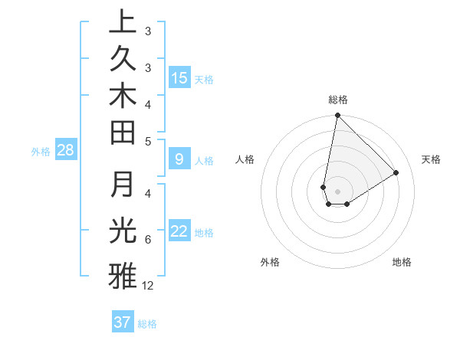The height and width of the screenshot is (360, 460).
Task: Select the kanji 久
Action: tap(122, 61)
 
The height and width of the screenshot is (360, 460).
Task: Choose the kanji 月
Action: tap(122, 185)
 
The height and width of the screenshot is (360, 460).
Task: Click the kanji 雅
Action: tap(122, 275)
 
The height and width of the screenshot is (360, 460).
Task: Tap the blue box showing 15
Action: tap(179, 78)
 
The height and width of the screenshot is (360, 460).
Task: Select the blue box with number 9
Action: tap(179, 159)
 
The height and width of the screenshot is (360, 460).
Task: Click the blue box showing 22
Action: tap(179, 231)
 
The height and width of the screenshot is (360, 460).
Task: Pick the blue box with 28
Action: tap(65, 150)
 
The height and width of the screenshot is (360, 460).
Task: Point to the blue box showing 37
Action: tap(123, 322)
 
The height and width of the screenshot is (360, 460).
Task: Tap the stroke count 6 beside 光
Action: tap(147, 240)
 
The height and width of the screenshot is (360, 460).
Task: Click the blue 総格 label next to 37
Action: tap(147, 324)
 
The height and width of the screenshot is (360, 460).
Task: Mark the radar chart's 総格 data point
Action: tap(337, 116)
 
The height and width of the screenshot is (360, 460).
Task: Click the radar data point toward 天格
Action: tap(396, 173)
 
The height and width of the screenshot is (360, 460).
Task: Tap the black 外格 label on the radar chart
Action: tap(270, 262)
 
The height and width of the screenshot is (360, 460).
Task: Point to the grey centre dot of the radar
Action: tap(337, 191)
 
